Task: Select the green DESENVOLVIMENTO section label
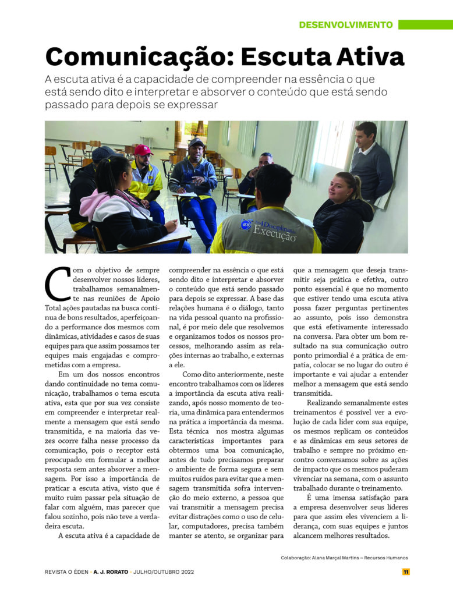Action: (346, 24)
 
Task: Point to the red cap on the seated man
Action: (143, 150)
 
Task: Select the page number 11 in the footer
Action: (406, 572)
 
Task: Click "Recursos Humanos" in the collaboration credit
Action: (385, 558)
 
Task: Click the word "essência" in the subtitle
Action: (302, 79)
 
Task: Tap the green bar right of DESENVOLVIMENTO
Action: (425, 24)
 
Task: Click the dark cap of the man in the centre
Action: (196, 142)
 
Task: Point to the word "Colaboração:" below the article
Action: (294, 558)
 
